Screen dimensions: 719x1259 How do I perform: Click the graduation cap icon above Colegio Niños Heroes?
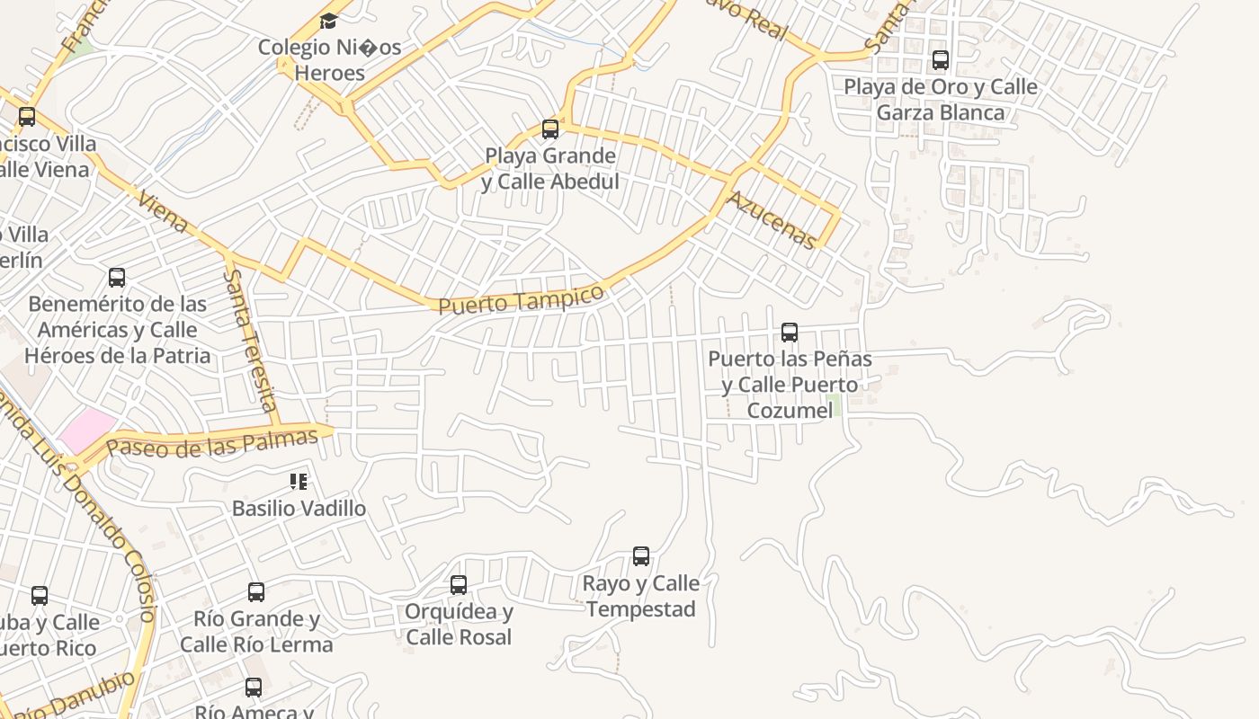[328, 20]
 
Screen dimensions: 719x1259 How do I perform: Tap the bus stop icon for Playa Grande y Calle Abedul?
[550, 129]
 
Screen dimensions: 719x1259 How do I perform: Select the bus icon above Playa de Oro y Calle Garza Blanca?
[941, 60]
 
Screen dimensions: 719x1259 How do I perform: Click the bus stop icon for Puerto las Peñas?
[790, 333]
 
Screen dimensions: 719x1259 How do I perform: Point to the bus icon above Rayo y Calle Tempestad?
[641, 556]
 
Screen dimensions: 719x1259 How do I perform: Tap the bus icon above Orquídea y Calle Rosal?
[459, 585]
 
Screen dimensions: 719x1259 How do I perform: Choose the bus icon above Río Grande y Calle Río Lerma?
[256, 592]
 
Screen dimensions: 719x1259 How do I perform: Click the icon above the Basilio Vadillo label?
[299, 482]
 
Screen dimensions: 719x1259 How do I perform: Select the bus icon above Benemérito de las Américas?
[117, 278]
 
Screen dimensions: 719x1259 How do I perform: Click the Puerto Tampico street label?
[521, 299]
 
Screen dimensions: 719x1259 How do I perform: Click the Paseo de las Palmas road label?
[212, 442]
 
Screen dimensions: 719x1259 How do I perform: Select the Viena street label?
[163, 212]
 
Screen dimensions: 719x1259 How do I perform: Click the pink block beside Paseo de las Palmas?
[88, 430]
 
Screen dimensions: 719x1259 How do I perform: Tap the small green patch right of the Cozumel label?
[834, 404]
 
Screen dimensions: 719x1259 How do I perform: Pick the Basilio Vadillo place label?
[299, 509]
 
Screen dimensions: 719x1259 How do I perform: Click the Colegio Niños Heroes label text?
[329, 59]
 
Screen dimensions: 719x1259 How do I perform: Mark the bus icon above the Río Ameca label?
[254, 688]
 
